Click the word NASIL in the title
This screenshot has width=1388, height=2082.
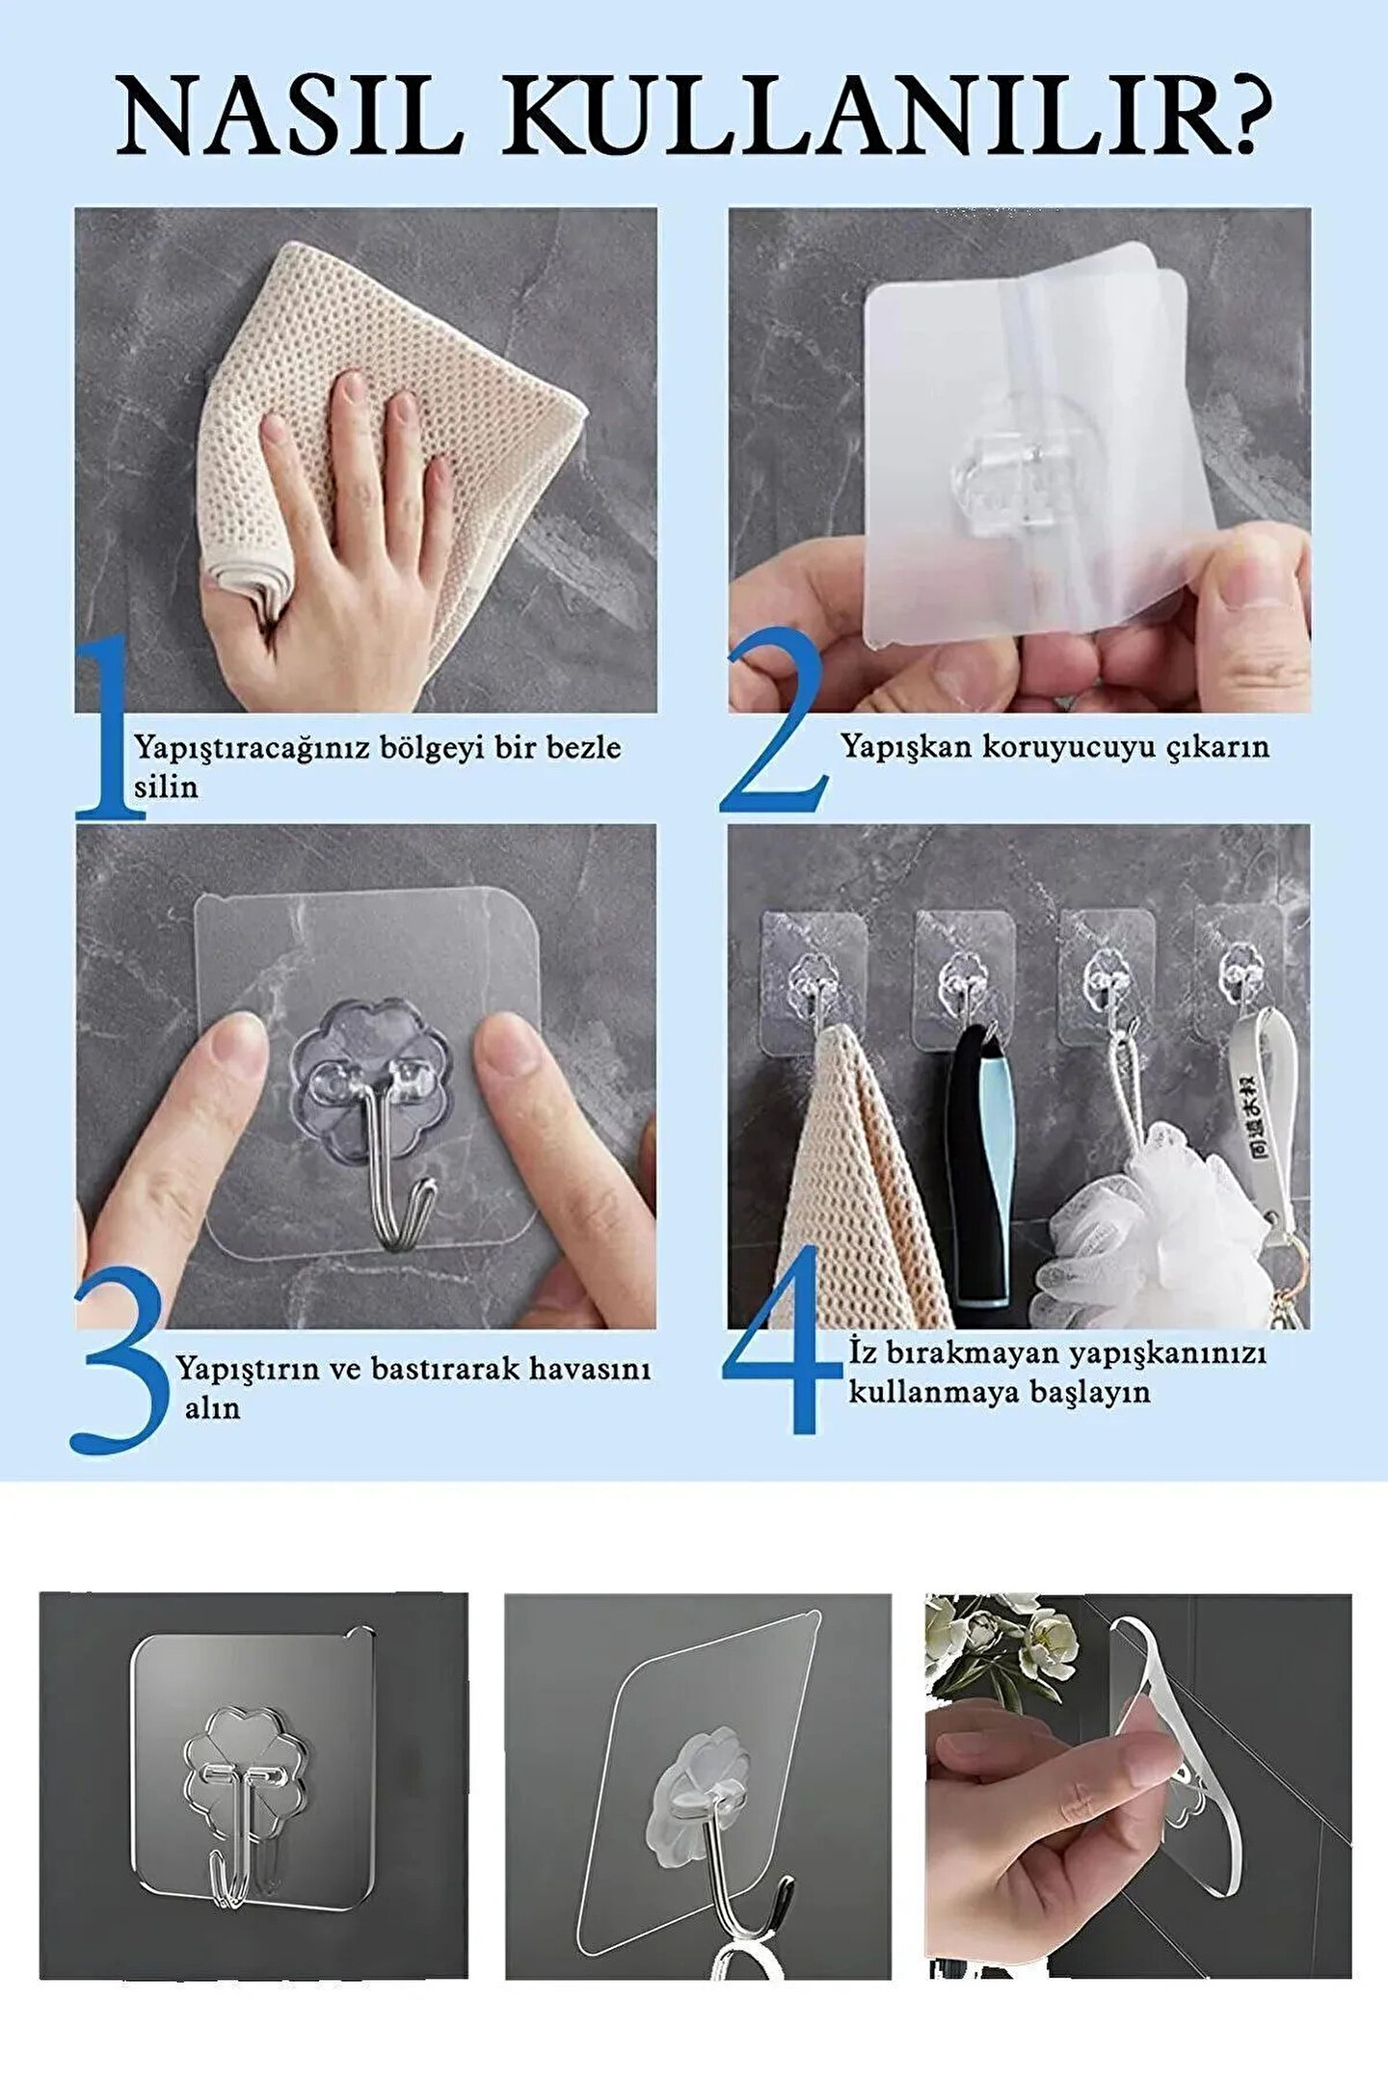tap(289, 118)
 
